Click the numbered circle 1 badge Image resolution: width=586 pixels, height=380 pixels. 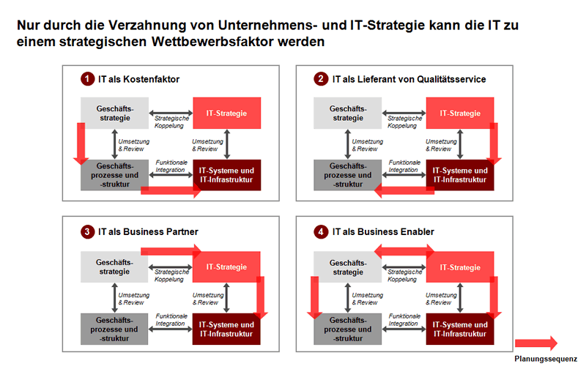click(87, 78)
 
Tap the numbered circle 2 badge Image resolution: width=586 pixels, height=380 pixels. click(321, 78)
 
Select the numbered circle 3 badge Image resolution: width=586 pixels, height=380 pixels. click(87, 232)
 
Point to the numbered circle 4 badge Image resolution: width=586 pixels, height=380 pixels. click(321, 232)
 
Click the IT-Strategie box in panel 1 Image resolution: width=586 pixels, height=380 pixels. click(226, 113)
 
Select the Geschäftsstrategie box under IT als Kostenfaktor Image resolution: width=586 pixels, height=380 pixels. click(115, 113)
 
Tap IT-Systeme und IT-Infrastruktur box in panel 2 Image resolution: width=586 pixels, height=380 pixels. click(459, 174)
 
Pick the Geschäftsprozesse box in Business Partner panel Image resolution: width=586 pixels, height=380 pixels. click(115, 329)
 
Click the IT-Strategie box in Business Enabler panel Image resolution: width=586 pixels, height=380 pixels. click(459, 267)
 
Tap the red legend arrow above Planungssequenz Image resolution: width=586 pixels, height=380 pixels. click(536, 343)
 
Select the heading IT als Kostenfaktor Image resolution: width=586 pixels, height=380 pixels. click(138, 78)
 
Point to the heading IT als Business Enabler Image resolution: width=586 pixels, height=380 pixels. click(383, 232)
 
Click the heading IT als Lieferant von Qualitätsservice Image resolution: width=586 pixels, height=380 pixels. click(409, 78)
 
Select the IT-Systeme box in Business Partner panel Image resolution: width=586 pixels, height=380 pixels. click(226, 329)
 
